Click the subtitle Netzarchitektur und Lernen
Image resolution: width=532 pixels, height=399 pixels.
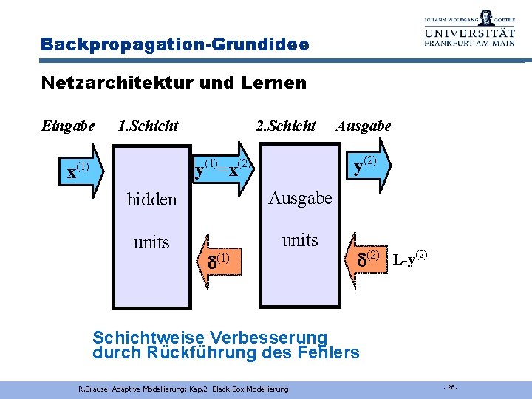click(174, 83)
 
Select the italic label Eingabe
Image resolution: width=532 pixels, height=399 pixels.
click(68, 126)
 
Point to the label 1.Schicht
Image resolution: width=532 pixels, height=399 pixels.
click(148, 126)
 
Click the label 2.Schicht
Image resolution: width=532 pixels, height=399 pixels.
click(285, 126)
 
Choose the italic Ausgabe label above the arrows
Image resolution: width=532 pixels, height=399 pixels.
click(363, 126)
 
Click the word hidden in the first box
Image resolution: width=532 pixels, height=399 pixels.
click(151, 199)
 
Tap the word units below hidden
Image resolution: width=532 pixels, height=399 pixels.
click(151, 242)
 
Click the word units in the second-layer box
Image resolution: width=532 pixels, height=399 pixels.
click(300, 240)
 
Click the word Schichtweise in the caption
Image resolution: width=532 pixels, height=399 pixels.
click(140, 338)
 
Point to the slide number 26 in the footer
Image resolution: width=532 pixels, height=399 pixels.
click(451, 387)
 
